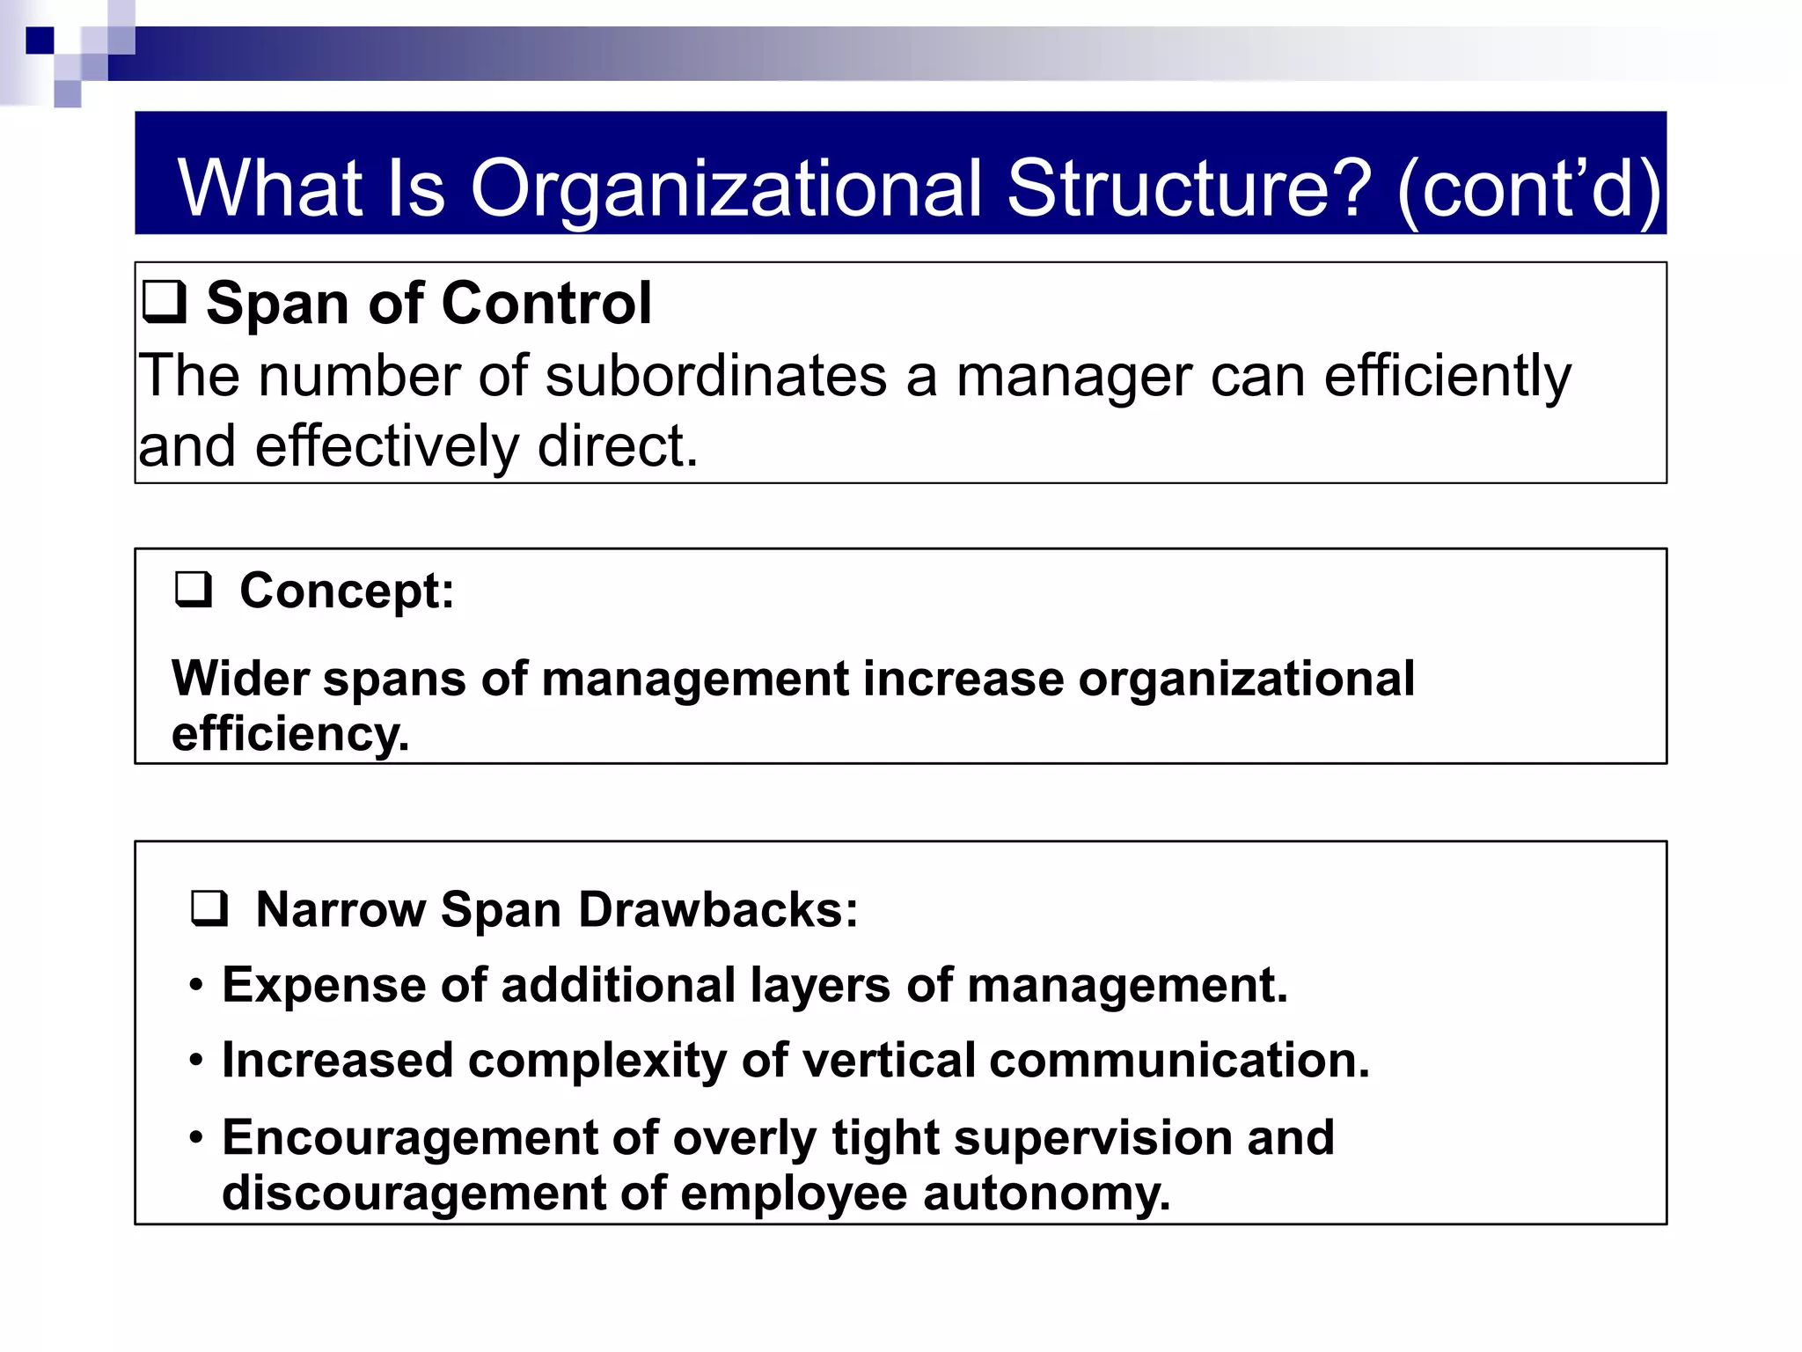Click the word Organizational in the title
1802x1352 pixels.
pyautogui.click(x=726, y=189)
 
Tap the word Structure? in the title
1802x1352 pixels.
pyautogui.click(x=1189, y=189)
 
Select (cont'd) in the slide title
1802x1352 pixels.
pyautogui.click(x=1529, y=189)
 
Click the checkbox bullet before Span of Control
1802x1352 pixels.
pyautogui.click(x=165, y=302)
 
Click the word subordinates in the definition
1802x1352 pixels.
pyautogui.click(x=715, y=376)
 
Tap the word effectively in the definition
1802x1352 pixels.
pyautogui.click(x=386, y=446)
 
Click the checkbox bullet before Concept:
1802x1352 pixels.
pyautogui.click(x=194, y=590)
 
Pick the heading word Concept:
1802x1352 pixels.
pyautogui.click(x=347, y=591)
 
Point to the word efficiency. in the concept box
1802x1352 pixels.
pyautogui.click(x=290, y=734)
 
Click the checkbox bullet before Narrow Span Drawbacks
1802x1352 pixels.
pyautogui.click(x=209, y=908)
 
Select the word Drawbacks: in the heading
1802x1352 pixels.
pyautogui.click(x=718, y=909)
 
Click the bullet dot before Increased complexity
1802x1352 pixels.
pyautogui.click(x=197, y=1061)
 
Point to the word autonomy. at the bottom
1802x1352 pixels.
pyautogui.click(x=1046, y=1194)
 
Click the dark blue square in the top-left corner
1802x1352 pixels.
pyautogui.click(x=40, y=40)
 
